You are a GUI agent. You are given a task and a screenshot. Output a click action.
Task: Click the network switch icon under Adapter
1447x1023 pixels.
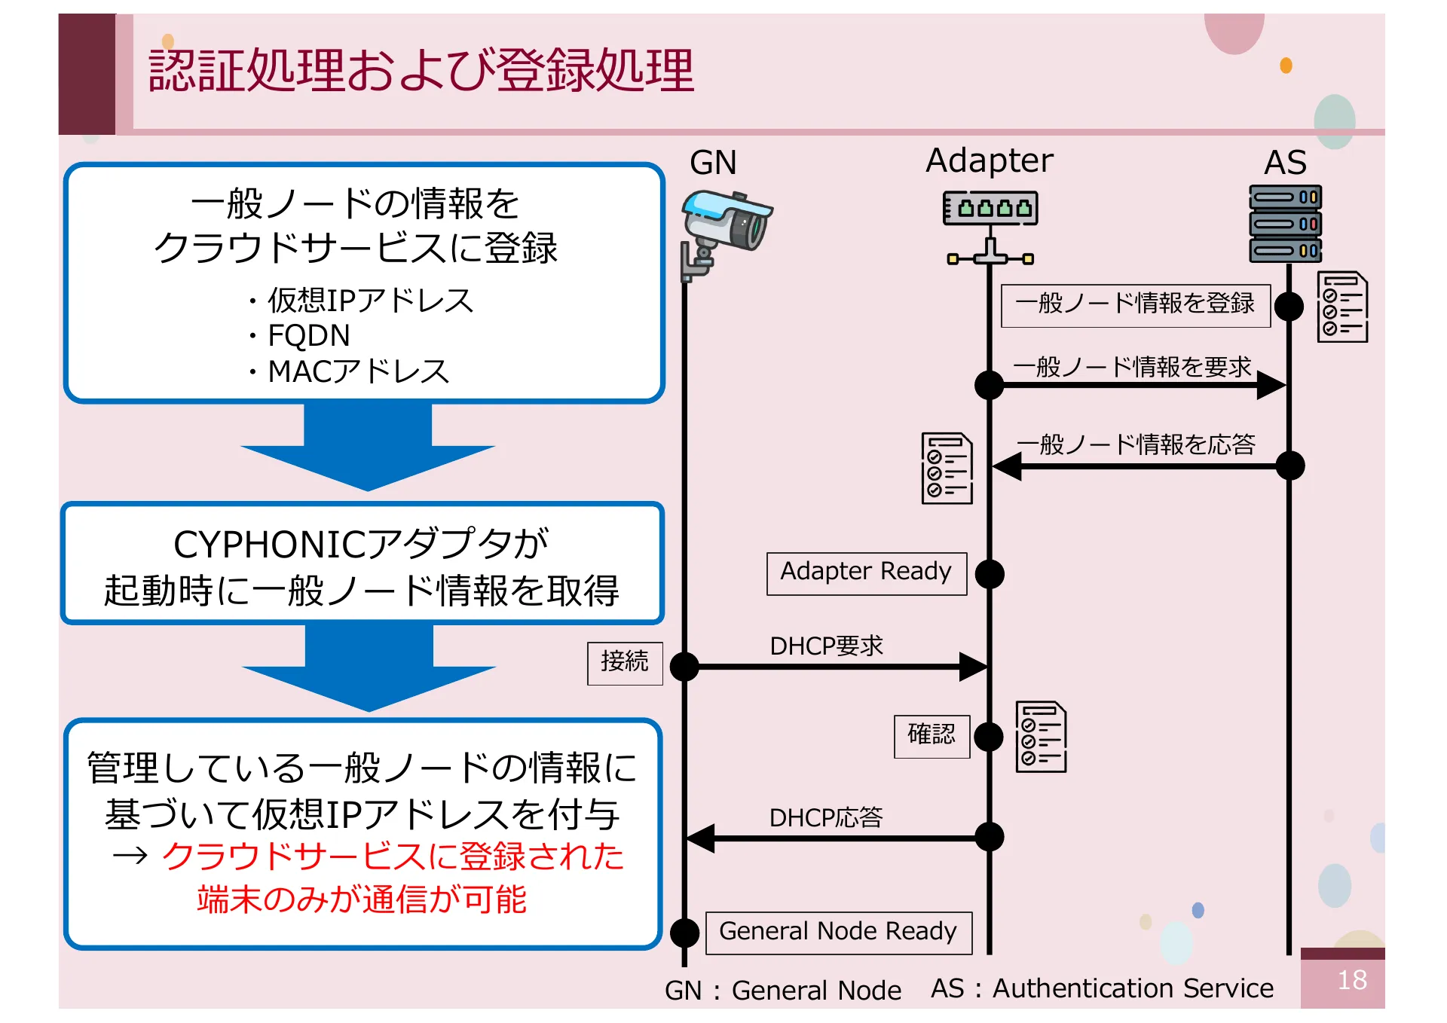990,226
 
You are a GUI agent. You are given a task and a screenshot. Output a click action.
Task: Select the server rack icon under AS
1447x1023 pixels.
1285,224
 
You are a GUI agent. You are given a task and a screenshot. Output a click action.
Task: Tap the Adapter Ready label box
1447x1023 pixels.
866,573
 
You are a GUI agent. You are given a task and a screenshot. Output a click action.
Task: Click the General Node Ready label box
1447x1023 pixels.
838,933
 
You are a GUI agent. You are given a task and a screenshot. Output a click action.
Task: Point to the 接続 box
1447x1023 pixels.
625,663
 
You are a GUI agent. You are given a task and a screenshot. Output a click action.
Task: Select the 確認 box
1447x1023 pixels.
932,735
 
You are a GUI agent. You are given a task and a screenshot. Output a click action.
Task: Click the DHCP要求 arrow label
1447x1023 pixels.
826,646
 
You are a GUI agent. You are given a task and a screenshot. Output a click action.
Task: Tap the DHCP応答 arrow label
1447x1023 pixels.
826,817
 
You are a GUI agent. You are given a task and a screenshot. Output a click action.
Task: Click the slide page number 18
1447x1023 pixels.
1351,980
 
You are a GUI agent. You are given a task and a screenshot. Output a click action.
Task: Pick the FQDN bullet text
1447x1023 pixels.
308,335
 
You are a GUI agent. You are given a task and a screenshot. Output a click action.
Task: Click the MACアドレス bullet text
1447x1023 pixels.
358,371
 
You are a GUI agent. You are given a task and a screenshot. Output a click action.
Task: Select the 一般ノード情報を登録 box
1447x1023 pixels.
1135,305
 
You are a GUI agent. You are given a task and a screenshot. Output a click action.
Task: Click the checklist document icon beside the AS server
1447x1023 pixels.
1342,307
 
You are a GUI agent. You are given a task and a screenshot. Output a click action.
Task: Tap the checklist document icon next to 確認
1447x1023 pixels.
1041,737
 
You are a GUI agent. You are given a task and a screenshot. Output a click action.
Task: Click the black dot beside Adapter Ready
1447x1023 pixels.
990,574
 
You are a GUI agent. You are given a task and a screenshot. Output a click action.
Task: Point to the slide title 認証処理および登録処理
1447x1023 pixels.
421,71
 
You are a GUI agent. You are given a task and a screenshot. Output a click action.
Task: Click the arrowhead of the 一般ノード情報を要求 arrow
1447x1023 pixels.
1271,385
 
